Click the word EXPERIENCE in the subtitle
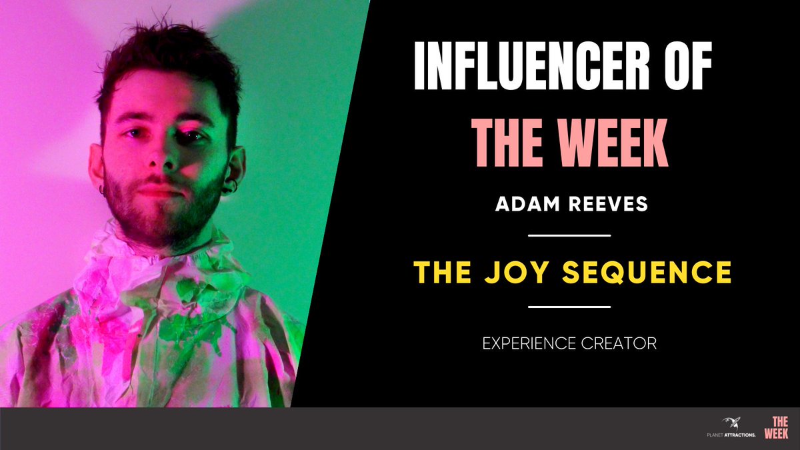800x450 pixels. click(x=528, y=344)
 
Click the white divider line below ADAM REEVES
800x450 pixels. click(x=569, y=235)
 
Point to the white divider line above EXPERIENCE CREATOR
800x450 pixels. click(x=569, y=307)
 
